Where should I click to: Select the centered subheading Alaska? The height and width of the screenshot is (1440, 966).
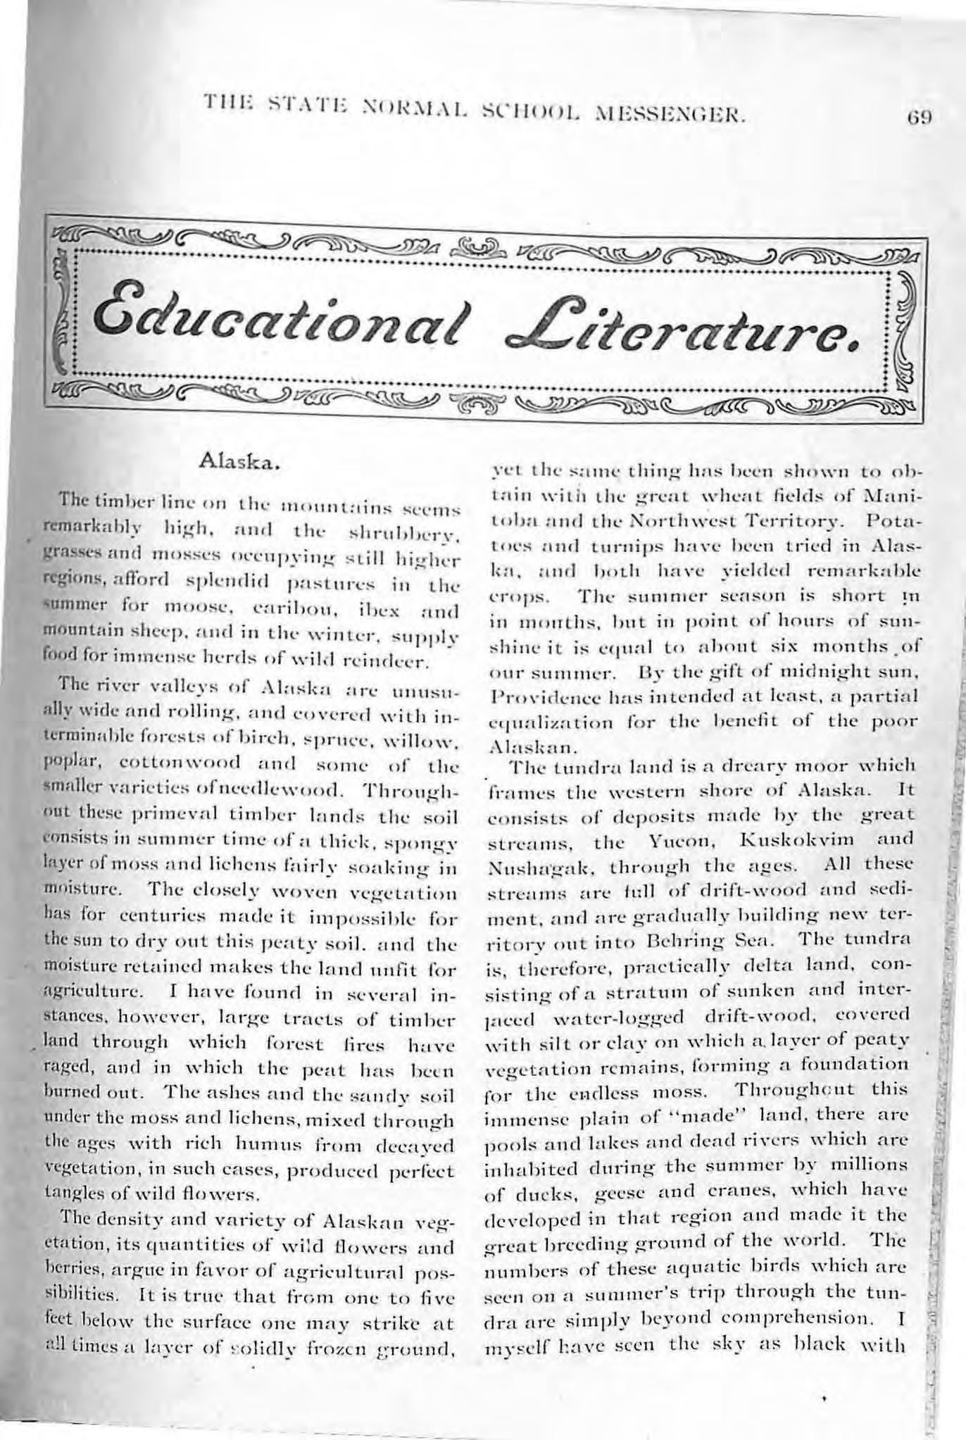pyautogui.click(x=241, y=463)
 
